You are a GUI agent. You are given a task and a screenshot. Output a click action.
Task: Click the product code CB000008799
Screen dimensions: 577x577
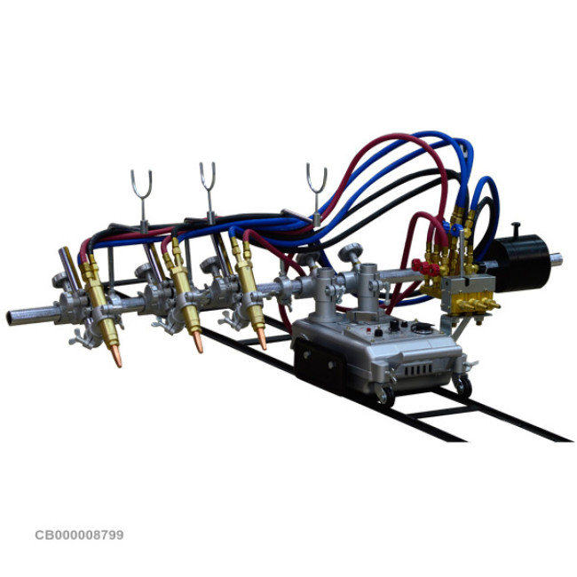point(79,534)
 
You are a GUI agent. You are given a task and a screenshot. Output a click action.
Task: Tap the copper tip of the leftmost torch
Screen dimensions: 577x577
point(116,356)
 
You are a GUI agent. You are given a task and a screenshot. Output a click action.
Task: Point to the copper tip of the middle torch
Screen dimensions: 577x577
point(198,343)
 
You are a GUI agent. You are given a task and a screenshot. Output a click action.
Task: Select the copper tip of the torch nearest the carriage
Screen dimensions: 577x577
point(262,338)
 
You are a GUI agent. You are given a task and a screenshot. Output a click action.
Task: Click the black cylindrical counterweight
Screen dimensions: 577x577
point(522,263)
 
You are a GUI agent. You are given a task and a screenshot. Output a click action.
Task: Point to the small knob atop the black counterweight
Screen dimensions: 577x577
point(517,228)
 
